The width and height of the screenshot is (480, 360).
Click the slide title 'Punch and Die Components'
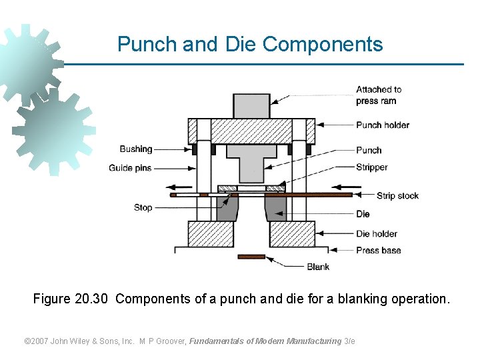click(x=250, y=44)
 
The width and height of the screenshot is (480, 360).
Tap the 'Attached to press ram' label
click(x=378, y=95)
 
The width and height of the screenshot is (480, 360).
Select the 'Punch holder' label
click(x=382, y=125)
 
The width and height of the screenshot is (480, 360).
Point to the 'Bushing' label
click(x=136, y=149)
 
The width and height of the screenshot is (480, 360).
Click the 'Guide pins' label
click(x=130, y=168)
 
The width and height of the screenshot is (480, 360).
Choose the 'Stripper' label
click(x=371, y=167)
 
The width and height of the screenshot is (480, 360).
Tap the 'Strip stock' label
click(x=397, y=195)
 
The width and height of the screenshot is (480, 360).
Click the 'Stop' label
click(x=143, y=207)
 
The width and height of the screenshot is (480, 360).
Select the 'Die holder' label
click(x=376, y=233)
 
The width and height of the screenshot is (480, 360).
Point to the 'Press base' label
click(x=378, y=250)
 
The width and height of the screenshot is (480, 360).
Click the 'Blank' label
click(x=318, y=267)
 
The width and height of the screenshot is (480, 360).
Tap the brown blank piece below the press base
click(x=251, y=257)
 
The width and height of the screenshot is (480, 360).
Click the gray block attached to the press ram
click(x=251, y=106)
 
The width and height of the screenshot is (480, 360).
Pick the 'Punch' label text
click(x=369, y=150)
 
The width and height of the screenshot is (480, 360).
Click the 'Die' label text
click(x=363, y=214)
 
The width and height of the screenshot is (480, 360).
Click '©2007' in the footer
click(x=37, y=341)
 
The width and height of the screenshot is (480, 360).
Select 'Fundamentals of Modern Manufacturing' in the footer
click(x=265, y=341)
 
